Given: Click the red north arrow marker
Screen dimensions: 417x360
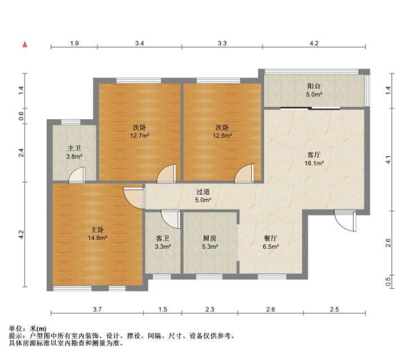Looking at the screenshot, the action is [25, 44].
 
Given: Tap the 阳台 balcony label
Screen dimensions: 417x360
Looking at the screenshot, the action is [314, 85].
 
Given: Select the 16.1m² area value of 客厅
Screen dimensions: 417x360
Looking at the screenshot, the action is [314, 163].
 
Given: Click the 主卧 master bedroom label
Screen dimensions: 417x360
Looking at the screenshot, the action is [97, 229].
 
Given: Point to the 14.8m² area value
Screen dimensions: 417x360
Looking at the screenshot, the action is [97, 238].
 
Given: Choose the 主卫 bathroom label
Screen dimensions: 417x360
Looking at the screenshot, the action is [74, 148].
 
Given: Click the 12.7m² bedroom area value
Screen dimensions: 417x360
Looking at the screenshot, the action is [139, 136].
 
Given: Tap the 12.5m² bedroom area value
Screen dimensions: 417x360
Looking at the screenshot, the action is [222, 136].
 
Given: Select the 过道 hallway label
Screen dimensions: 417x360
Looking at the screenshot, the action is [203, 191].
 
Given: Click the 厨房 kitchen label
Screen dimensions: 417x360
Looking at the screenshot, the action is [210, 238].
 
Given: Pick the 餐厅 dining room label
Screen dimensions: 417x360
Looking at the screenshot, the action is [270, 238].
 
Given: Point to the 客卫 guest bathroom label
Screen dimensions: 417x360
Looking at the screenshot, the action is [162, 238].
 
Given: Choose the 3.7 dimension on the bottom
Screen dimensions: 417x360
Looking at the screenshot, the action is [97, 309].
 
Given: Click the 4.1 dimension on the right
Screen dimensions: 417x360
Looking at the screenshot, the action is [388, 160].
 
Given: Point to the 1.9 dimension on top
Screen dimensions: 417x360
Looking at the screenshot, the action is [74, 43].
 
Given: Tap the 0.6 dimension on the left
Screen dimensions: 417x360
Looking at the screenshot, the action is [21, 116].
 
